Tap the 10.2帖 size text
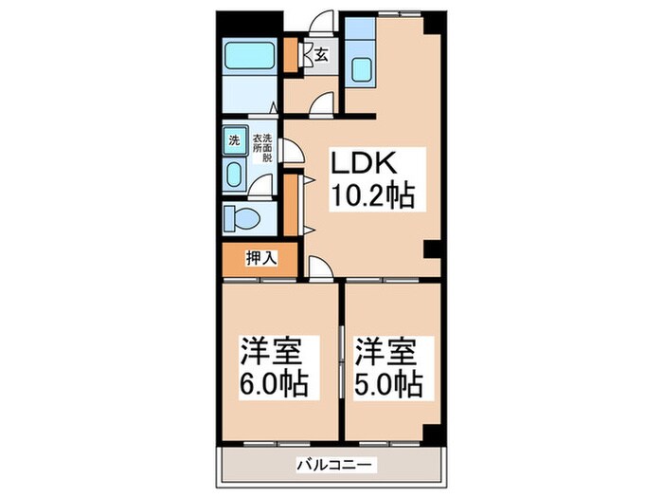(371, 197)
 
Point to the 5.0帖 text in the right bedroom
(388, 385)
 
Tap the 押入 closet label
(260, 257)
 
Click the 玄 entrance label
(321, 55)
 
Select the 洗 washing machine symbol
(233, 140)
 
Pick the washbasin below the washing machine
(234, 174)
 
